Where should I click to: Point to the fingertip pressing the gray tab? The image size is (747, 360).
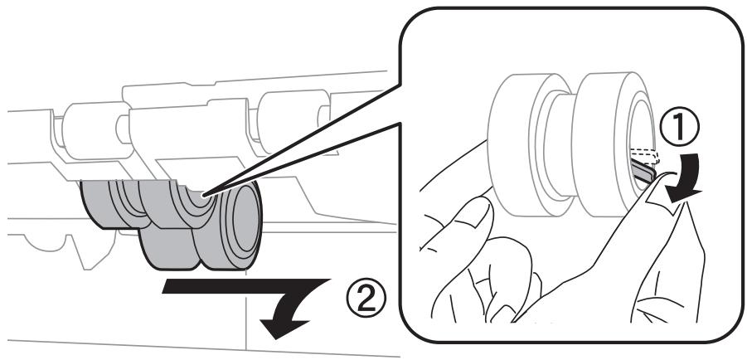pos(663,187)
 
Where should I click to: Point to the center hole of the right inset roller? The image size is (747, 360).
pos(641,141)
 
